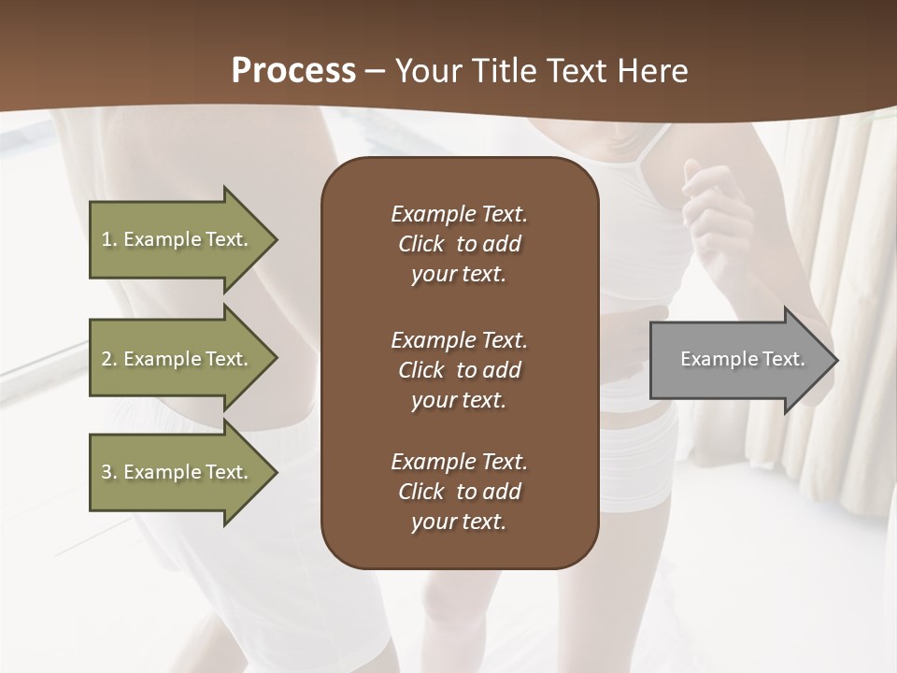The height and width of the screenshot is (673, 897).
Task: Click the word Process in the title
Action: (293, 71)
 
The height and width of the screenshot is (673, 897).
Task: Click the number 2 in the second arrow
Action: (107, 359)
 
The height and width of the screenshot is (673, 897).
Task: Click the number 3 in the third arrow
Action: (107, 472)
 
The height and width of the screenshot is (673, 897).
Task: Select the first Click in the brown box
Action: (420, 244)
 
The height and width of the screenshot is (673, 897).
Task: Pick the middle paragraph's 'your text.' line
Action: (459, 400)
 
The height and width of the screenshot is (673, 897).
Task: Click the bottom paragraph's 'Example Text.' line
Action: (459, 462)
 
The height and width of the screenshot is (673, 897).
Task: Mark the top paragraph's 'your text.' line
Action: (459, 275)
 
